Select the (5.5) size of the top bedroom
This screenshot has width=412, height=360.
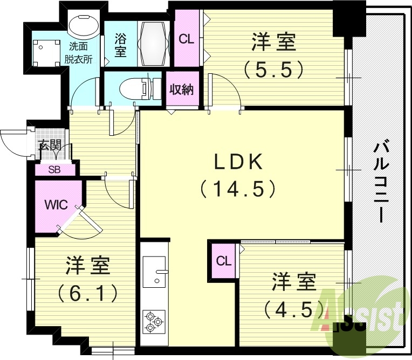pos(274,69)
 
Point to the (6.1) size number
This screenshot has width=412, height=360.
pos(88,294)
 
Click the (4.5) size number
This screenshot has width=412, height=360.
pos(293,309)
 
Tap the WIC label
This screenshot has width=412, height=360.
pos(56,205)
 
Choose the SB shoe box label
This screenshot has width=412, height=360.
pos(54,169)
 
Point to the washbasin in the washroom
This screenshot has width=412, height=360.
pos(83,27)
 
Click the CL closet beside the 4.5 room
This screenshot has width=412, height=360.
pos(224,261)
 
